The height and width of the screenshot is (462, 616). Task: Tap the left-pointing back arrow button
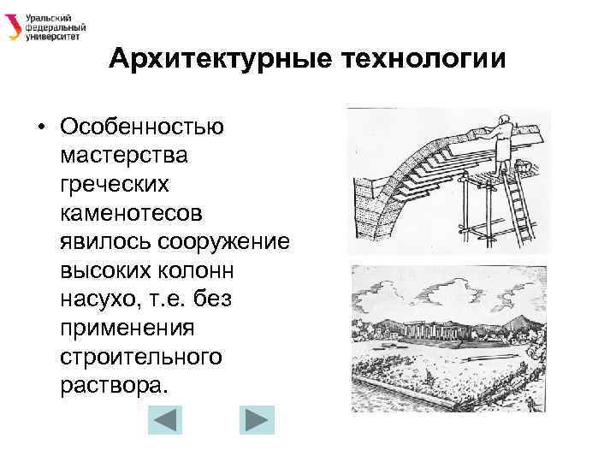point(166,421)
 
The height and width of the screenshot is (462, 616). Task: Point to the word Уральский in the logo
point(48,16)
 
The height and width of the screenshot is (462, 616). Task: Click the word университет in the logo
point(53,38)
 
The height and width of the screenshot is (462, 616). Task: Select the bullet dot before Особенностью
point(40,127)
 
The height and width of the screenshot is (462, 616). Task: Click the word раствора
point(110,384)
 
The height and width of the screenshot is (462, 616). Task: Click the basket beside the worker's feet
point(531,168)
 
